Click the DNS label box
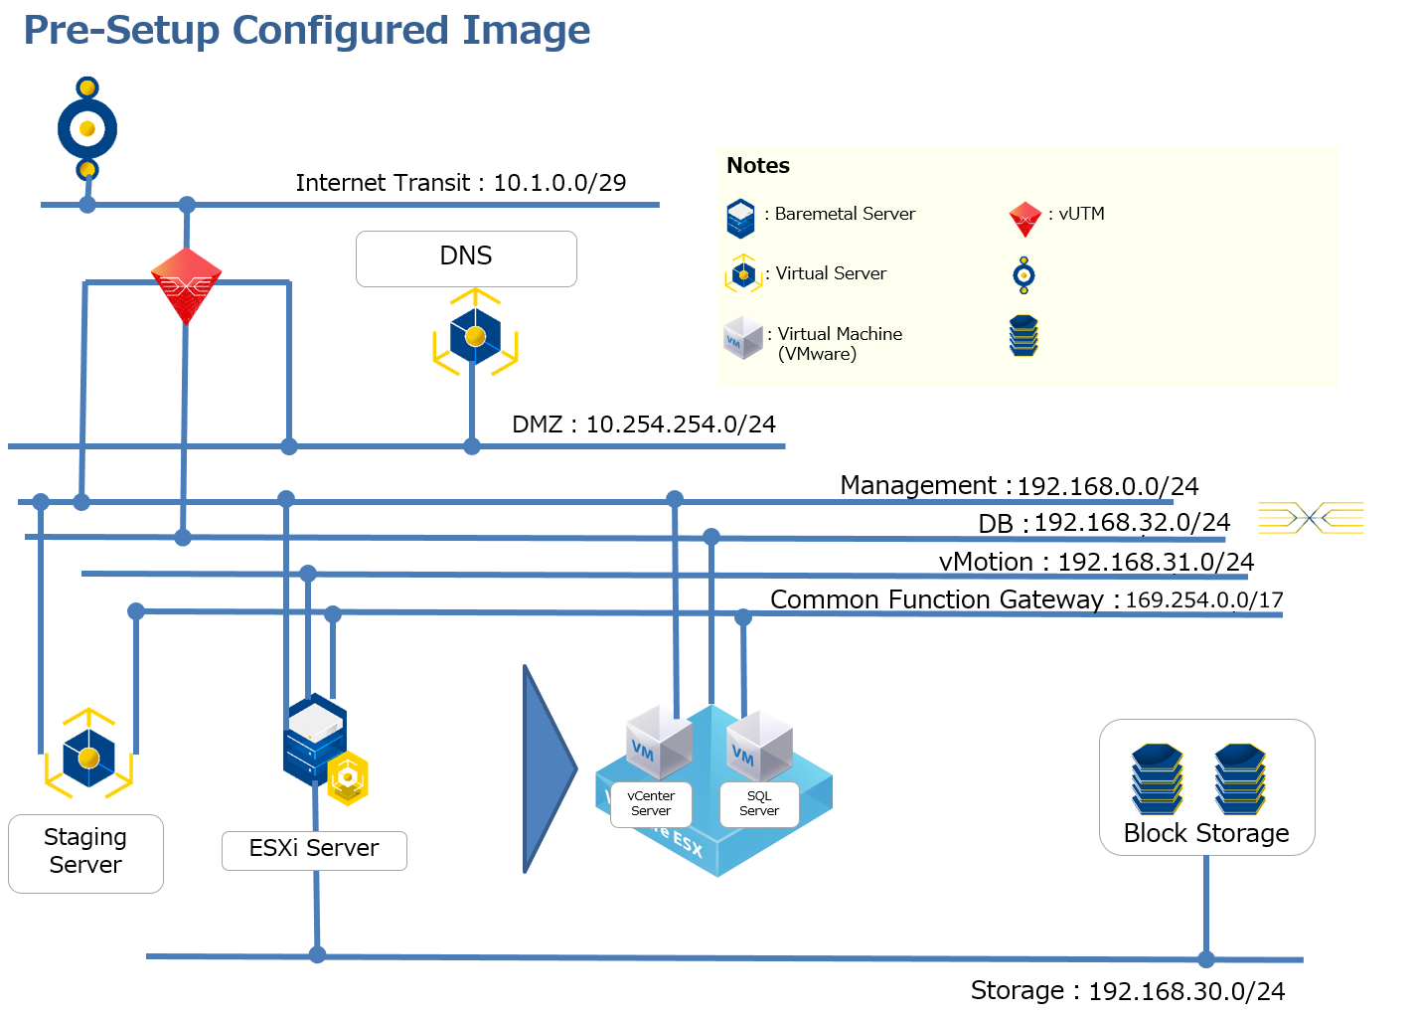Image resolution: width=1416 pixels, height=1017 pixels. pyautogui.click(x=466, y=258)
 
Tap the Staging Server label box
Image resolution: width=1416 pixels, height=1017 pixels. pyautogui.click(x=85, y=853)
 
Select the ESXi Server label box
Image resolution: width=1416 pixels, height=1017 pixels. pyautogui.click(x=314, y=850)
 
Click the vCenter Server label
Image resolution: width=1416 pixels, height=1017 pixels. pyautogui.click(x=651, y=803)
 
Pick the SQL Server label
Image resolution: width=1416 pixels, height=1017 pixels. pyautogui.click(x=759, y=803)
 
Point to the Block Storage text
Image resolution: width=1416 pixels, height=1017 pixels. pyautogui.click(x=1206, y=833)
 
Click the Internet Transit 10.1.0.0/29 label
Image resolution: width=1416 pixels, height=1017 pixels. pyautogui.click(x=460, y=183)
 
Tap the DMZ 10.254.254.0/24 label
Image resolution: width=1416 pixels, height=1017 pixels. pyautogui.click(x=644, y=424)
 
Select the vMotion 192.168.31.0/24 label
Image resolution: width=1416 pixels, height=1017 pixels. pyautogui.click(x=1096, y=562)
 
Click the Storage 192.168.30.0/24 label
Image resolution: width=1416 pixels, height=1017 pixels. pyautogui.click(x=1127, y=991)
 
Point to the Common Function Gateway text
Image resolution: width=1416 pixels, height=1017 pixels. pyautogui.click(x=936, y=599)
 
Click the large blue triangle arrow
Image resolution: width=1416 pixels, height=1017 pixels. pyautogui.click(x=547, y=768)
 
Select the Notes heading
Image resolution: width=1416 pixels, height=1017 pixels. pyautogui.click(x=758, y=166)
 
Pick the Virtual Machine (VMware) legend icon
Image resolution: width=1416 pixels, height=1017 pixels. pyautogui.click(x=742, y=338)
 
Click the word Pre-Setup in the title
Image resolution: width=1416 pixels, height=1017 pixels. pyautogui.click(x=121, y=31)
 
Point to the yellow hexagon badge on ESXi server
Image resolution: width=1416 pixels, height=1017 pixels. pyautogui.click(x=348, y=778)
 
